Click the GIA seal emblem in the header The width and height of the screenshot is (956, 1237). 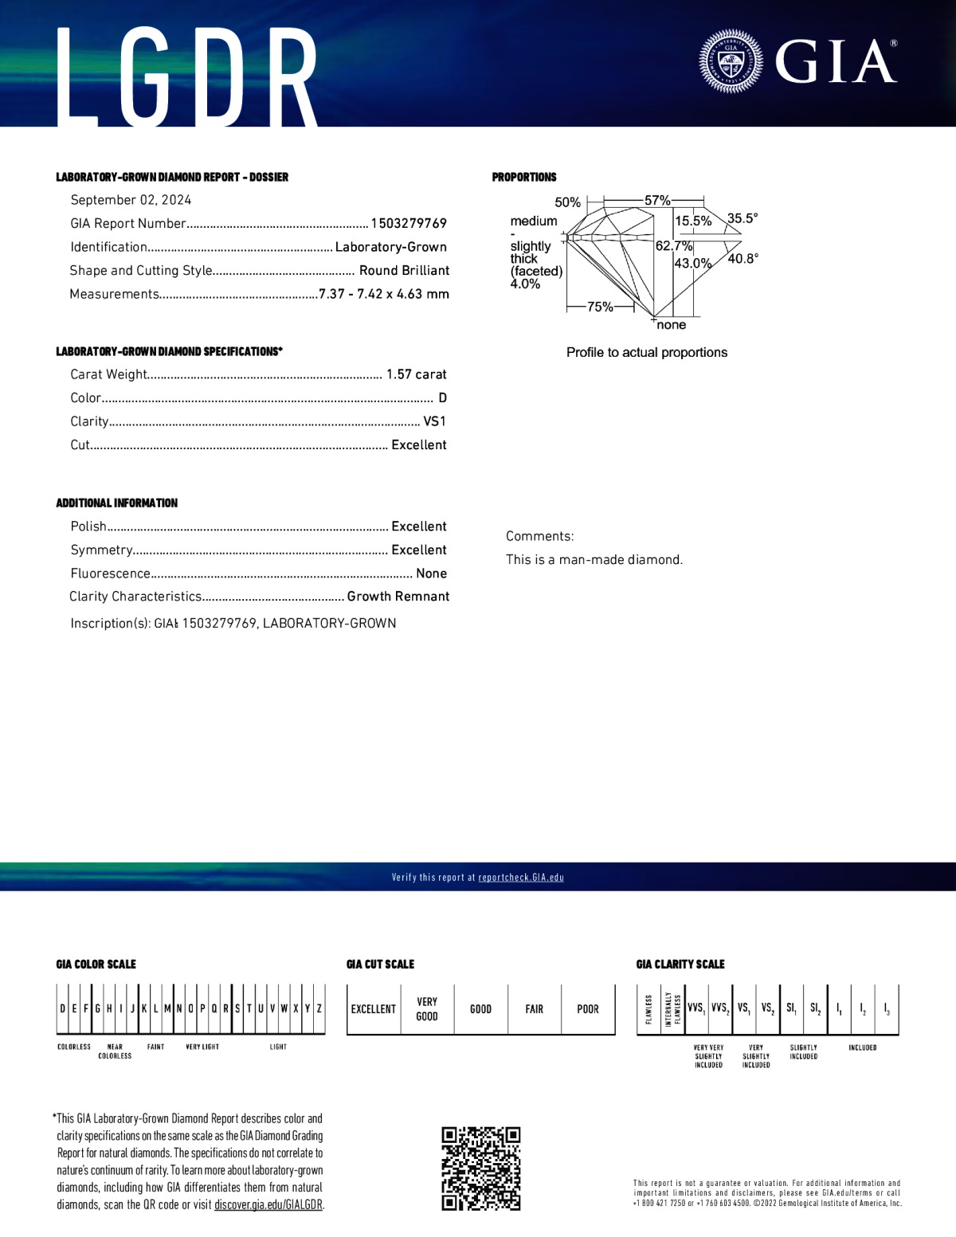click(731, 61)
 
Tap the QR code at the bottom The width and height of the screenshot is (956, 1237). click(481, 1168)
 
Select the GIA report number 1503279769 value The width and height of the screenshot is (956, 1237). click(409, 224)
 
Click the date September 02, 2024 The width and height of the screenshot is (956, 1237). click(131, 200)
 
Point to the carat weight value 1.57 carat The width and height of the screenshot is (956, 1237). click(416, 374)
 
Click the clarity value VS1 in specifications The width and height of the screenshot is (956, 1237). click(434, 421)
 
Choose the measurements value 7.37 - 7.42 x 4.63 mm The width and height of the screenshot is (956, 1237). click(383, 294)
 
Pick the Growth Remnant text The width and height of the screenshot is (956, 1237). click(398, 597)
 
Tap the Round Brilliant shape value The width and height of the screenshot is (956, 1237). click(404, 271)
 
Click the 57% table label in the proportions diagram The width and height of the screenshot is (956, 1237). click(657, 201)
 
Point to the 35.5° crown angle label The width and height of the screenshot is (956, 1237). click(742, 218)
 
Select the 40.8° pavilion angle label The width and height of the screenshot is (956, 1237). click(743, 258)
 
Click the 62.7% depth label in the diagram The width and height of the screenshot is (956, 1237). click(673, 246)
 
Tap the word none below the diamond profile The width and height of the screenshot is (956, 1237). click(672, 325)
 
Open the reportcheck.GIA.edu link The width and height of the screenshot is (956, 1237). click(521, 878)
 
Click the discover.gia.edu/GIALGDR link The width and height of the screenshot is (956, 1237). click(268, 1205)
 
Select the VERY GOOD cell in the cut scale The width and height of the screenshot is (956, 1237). click(427, 1009)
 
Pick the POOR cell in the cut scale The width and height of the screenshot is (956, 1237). click(588, 1009)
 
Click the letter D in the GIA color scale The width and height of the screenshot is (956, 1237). click(62, 1008)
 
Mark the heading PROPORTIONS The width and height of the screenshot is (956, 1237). click(524, 177)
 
